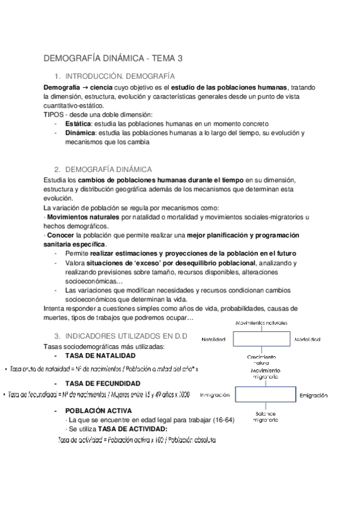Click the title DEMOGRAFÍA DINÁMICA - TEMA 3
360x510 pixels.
click(x=113, y=58)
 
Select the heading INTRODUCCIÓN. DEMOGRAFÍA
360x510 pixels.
click(x=120, y=76)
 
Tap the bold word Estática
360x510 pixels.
click(x=78, y=123)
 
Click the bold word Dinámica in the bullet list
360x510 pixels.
click(x=80, y=132)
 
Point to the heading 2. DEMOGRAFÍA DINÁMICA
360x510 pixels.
click(x=108, y=169)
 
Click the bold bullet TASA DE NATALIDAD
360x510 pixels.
click(x=101, y=355)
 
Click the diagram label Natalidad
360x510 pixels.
click(x=213, y=339)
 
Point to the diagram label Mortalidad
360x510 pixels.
click(x=307, y=339)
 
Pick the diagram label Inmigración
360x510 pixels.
click(x=215, y=395)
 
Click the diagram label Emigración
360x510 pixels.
click(x=313, y=395)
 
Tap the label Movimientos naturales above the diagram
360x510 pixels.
click(x=261, y=322)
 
